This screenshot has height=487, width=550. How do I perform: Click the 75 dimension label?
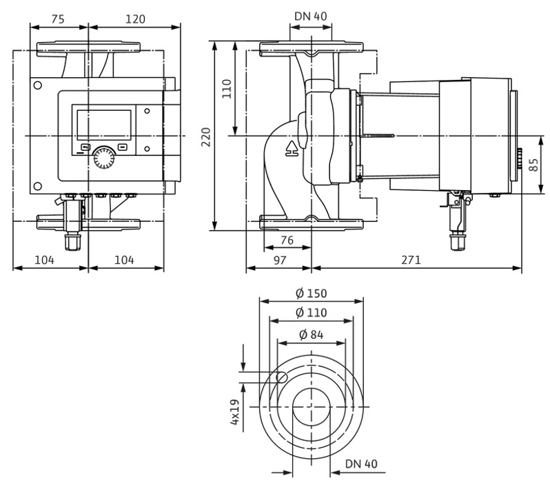(58, 19)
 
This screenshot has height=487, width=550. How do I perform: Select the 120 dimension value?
(134, 19)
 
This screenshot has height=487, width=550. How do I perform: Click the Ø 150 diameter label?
(312, 293)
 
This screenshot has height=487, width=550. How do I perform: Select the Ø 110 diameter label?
(312, 313)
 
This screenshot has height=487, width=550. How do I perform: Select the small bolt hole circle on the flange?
(282, 377)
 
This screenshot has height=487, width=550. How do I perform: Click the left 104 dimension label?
(44, 260)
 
